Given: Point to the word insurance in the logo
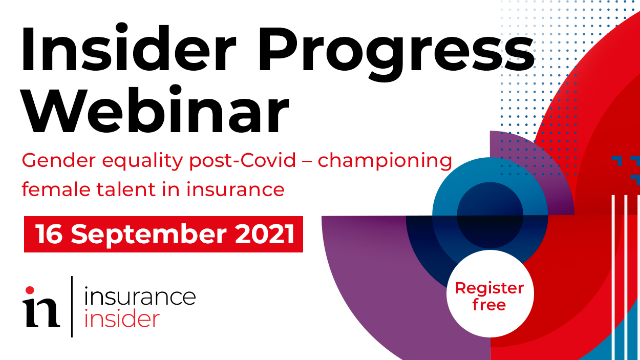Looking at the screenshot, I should click(140, 297).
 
